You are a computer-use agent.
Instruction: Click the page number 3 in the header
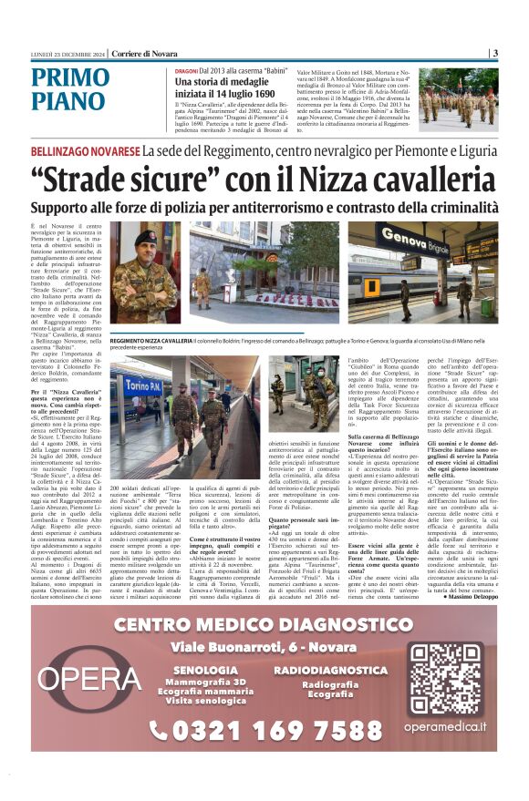[x=494, y=53]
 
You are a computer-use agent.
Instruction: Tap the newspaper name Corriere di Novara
[x=146, y=54]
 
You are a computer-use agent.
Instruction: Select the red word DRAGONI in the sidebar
[x=186, y=70]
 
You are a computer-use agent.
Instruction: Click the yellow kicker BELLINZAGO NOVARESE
[x=84, y=150]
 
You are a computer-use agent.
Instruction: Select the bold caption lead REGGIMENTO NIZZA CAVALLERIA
[x=150, y=340]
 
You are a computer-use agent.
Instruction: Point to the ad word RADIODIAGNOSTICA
[x=330, y=670]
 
